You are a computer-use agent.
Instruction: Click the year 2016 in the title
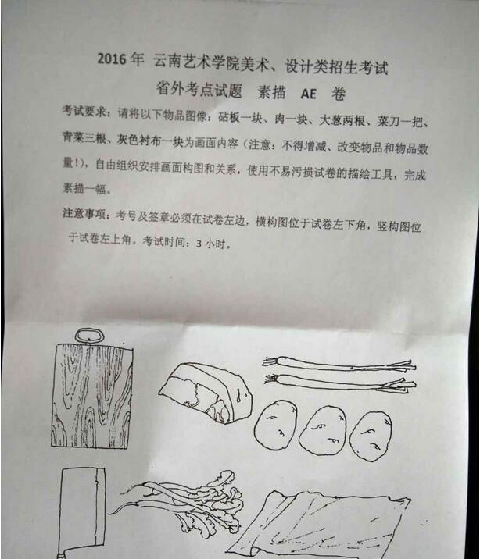(x=112, y=59)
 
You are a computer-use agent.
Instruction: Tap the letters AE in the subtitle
(x=308, y=94)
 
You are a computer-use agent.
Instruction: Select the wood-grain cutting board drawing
(x=92, y=395)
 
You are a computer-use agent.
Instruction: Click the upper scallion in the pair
(x=339, y=364)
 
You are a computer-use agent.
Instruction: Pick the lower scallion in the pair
(x=340, y=383)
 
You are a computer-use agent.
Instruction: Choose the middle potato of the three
(x=323, y=430)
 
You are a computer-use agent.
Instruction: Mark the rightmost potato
(x=371, y=436)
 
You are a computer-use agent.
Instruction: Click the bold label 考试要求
(x=84, y=111)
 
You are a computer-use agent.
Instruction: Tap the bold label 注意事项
(x=84, y=214)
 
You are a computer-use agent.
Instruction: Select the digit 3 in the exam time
(x=199, y=244)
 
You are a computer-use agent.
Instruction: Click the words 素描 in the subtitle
(x=271, y=93)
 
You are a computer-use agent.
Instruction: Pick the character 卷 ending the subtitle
(x=339, y=94)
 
